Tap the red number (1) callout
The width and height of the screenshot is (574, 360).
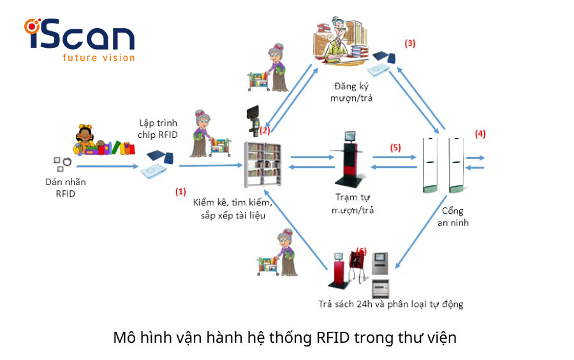[181, 191]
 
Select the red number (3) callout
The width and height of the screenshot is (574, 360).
[410, 43]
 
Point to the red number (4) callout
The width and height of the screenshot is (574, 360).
[480, 134]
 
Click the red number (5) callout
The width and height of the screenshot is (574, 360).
[395, 147]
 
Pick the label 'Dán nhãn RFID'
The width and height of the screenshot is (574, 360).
[65, 188]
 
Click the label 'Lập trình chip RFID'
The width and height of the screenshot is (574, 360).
[158, 128]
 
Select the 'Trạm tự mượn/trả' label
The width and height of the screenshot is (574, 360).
[353, 204]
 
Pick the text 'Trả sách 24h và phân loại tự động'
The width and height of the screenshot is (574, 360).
[390, 304]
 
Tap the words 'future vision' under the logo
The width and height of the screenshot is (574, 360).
[98, 57]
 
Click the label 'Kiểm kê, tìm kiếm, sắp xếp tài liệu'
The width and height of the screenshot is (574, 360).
[233, 209]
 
